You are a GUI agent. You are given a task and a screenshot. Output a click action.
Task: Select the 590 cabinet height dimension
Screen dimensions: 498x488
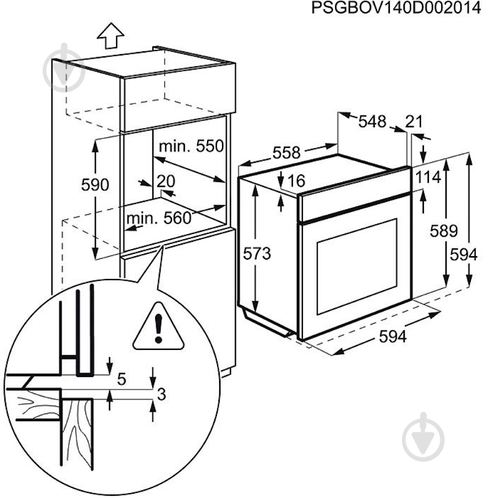point(95,185)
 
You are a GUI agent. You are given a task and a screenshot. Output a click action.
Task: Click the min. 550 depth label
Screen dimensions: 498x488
point(191,147)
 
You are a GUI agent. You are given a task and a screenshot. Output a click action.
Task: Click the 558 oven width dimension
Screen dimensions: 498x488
point(287,152)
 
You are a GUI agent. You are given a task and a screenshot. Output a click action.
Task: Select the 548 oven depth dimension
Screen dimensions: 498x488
point(372,122)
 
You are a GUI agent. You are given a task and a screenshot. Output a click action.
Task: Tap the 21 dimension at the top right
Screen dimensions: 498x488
point(414,122)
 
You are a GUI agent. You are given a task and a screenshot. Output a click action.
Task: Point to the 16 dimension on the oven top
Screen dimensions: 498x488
point(297,181)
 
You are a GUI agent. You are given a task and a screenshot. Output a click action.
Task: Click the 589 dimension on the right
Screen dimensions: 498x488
point(445,231)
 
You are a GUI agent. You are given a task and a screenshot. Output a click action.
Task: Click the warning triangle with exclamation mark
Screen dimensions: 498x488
point(154,327)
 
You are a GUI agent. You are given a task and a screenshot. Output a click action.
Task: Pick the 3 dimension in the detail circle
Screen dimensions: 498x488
point(161,393)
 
